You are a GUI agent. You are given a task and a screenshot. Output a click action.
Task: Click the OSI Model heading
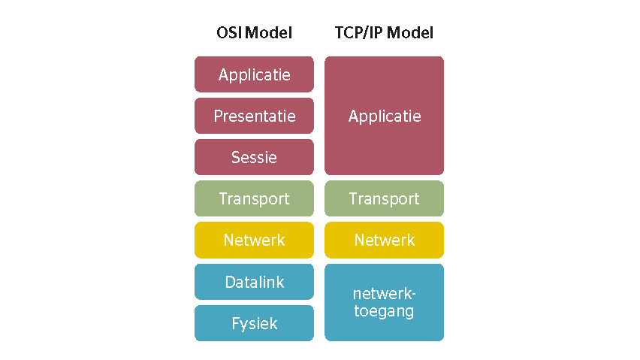[254, 33]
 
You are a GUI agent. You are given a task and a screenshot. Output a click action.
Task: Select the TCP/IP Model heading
[384, 33]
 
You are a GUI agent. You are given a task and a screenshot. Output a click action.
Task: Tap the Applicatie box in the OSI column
[254, 74]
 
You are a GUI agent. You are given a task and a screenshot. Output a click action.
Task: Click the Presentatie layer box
[254, 116]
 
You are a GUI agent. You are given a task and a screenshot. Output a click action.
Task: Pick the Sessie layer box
[254, 157]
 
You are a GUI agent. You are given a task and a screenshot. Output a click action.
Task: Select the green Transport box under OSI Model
[254, 198]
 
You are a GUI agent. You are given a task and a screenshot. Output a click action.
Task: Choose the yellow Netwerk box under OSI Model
[254, 240]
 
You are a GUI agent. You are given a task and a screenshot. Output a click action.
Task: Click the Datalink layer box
[254, 282]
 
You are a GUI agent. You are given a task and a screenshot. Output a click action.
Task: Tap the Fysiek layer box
[254, 323]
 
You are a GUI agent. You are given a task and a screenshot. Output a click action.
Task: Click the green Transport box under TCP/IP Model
[384, 198]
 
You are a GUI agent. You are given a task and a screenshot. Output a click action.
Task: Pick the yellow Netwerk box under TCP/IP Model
[384, 240]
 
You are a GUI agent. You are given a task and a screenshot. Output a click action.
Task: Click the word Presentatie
[254, 116]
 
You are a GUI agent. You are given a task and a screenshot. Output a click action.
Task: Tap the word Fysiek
[254, 324]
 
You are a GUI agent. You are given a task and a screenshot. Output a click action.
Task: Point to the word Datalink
[254, 283]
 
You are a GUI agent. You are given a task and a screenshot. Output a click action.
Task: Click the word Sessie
[254, 158]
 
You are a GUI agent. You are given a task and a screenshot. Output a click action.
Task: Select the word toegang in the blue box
[384, 310]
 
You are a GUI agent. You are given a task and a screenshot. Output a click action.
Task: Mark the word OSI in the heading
[229, 33]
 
